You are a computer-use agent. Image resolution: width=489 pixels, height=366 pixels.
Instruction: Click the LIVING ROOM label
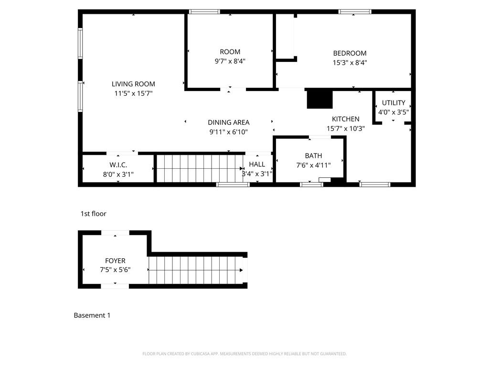pos(133,84)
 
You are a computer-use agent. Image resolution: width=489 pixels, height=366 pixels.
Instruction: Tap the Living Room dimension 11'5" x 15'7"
pos(133,93)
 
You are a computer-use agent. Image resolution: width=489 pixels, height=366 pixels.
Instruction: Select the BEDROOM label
pos(350,53)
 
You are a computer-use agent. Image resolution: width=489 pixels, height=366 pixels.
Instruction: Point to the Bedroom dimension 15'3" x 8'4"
pos(350,62)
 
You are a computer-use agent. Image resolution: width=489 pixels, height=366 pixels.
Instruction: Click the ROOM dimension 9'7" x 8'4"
pos(230,61)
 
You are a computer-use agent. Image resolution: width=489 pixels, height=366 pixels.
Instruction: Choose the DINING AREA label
pos(228,122)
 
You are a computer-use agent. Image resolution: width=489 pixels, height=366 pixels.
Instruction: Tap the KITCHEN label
pos(346,119)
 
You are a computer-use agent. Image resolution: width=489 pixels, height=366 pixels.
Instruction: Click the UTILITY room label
pos(393,103)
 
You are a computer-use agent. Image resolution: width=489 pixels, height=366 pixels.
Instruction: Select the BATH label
pos(313,156)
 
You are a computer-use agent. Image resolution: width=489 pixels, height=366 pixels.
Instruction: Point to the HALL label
pos(257,164)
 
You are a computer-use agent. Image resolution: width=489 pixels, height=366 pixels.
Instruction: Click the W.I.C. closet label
pos(118,165)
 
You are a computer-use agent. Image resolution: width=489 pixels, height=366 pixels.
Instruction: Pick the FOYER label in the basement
pos(115,261)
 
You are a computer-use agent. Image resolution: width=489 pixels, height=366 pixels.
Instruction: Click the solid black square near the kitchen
pos(319,99)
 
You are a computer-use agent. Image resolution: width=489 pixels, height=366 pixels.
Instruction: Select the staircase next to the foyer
pos(196,270)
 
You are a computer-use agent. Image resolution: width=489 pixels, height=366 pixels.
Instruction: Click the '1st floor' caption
pos(93,214)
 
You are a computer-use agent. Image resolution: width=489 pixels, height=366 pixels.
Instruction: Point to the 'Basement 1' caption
pos(92,315)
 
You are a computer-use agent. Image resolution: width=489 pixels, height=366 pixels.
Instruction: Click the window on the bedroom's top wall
pos(354,11)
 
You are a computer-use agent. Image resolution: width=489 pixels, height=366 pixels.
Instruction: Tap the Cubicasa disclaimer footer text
pos(244,354)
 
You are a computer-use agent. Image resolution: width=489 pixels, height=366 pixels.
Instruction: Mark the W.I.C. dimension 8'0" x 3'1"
pos(118,174)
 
